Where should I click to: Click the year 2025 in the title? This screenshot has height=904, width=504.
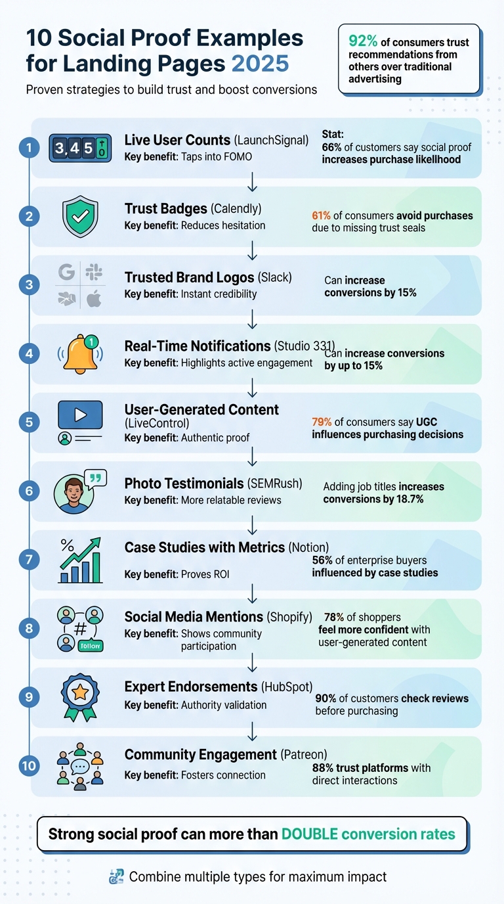260,63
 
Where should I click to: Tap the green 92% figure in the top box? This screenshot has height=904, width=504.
362,42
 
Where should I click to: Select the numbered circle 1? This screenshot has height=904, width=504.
29,148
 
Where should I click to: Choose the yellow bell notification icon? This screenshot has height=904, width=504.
80,353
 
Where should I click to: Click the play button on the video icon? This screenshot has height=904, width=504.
81,415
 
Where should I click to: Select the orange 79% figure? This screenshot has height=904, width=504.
320,422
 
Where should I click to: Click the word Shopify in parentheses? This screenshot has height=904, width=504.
289,617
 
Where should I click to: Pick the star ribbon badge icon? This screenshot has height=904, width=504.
80,696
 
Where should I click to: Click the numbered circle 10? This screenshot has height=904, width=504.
29,765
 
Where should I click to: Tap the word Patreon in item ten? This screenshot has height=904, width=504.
304,755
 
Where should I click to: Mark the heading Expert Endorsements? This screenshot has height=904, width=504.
190,687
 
